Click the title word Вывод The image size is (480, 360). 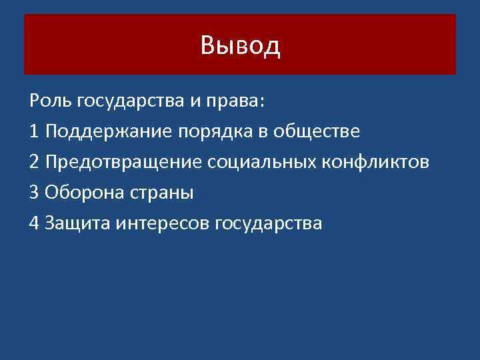(240, 46)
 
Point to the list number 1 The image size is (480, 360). (35, 131)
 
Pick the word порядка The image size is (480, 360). (213, 131)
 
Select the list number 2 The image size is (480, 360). (35, 162)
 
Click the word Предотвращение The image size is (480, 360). (124, 162)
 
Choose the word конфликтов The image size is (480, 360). (377, 162)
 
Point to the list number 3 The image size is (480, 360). (35, 193)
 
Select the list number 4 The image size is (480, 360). (35, 223)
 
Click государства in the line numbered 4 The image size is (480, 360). (268, 223)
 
